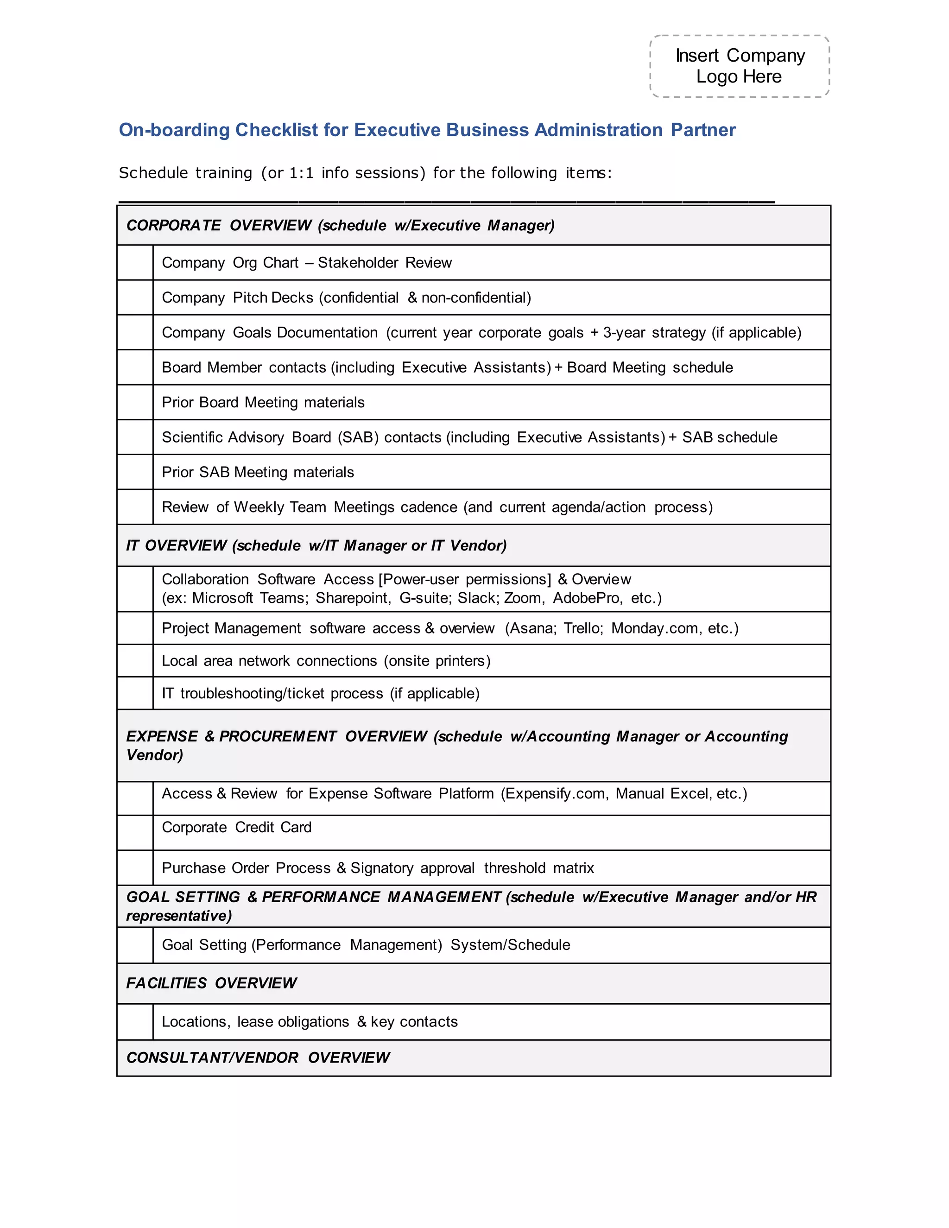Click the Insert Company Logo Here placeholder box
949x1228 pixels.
tap(739, 66)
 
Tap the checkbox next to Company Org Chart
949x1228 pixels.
tap(135, 263)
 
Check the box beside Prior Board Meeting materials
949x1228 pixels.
tap(135, 402)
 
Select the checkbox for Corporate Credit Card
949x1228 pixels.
tap(135, 832)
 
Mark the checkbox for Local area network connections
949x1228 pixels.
tap(135, 661)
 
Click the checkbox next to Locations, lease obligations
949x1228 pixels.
tap(135, 1022)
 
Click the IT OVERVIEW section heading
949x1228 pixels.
tap(177, 545)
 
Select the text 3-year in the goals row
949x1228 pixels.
tap(624, 332)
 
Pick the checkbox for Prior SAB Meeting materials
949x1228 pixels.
tap(135, 472)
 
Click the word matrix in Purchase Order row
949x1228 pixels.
tap(574, 867)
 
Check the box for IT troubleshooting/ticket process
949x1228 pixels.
tap(135, 693)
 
